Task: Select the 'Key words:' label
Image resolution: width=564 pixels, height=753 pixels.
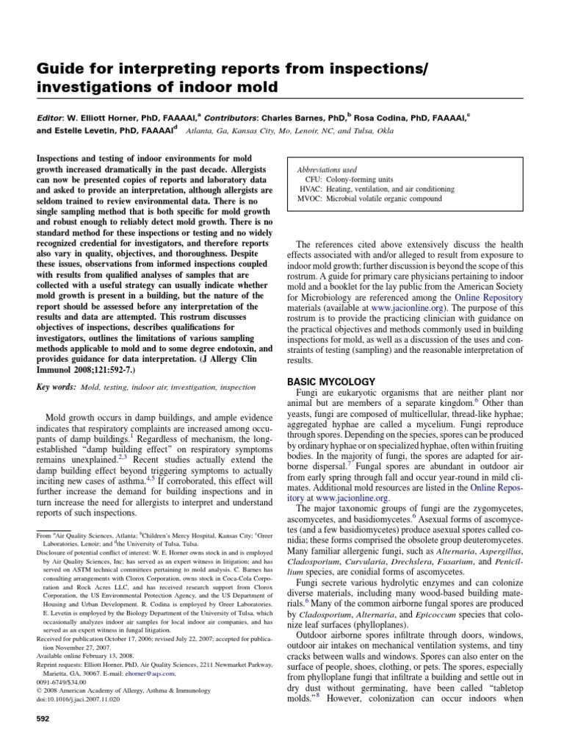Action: (x=56, y=386)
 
